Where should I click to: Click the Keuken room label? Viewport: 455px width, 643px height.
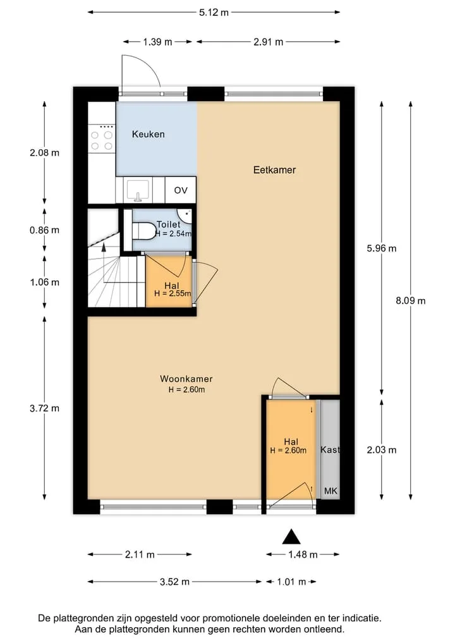coord(148,134)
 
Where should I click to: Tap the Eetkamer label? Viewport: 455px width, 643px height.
coord(274,170)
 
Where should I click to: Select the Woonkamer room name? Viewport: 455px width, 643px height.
coord(186,379)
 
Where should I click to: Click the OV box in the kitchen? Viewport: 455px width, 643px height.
coord(181,190)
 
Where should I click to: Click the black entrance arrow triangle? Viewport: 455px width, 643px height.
coord(291,536)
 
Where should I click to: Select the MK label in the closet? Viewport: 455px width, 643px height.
coord(331,491)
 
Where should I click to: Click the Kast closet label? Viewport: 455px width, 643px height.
coord(330,450)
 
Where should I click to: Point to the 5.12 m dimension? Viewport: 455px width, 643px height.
coord(214,12)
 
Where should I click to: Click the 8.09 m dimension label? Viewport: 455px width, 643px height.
coord(410,300)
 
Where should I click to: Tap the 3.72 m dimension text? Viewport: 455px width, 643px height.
coord(44,408)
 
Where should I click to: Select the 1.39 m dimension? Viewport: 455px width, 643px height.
coord(157,42)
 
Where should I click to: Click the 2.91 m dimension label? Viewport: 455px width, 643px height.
coord(268,42)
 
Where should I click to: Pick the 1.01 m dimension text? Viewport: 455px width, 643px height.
coord(291,582)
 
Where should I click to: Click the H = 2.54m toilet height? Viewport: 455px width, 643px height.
coord(173,234)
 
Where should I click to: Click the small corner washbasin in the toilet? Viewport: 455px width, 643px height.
coord(185,216)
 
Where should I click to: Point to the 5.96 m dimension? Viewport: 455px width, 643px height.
coord(381,248)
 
